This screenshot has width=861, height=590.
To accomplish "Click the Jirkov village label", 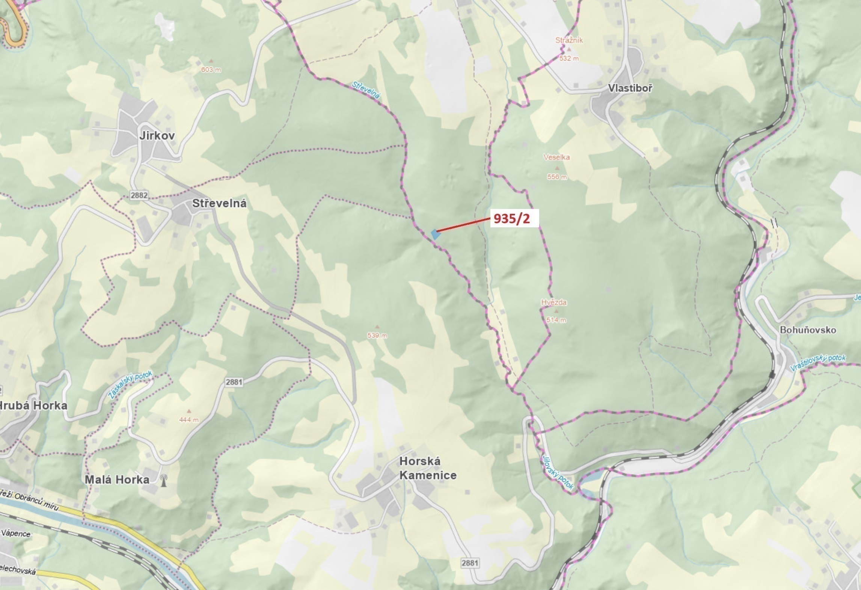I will tap(157, 136).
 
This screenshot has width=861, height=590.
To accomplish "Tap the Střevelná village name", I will tap(219, 204).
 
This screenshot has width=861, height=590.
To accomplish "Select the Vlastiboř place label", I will tap(630, 88).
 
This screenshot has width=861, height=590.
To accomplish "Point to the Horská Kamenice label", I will tap(428, 468).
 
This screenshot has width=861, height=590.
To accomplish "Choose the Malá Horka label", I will tap(117, 480).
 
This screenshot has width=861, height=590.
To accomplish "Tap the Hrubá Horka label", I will tap(33, 405).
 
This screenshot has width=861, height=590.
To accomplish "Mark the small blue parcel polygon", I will tap(435, 234).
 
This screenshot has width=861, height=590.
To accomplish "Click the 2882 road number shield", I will tap(139, 195).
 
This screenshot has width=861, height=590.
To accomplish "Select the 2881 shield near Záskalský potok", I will tap(234, 382).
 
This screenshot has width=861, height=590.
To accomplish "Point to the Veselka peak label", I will tap(556, 157).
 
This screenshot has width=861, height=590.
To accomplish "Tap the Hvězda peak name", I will tap(554, 302).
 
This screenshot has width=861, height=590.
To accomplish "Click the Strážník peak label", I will tap(569, 40).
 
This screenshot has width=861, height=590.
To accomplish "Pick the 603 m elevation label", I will tap(211, 70).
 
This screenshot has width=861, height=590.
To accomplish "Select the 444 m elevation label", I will tap(188, 420).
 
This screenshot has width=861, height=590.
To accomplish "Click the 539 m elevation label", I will tap(377, 335).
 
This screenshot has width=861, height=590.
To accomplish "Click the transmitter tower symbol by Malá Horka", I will tap(163, 480).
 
